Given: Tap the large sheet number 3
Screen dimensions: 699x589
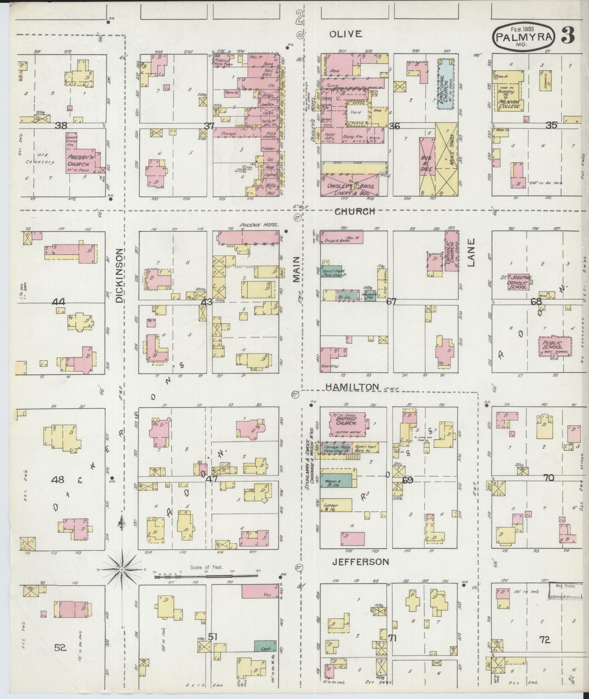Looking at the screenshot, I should (567, 35).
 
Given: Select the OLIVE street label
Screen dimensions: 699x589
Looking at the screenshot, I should (346, 34).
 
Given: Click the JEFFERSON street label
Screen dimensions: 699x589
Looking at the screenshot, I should (360, 562).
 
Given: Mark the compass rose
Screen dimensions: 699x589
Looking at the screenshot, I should (121, 569).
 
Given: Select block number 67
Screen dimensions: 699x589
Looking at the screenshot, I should (391, 301).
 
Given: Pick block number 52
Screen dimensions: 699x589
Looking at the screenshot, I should (60, 647).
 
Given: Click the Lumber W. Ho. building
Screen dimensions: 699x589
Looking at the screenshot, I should (336, 505).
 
